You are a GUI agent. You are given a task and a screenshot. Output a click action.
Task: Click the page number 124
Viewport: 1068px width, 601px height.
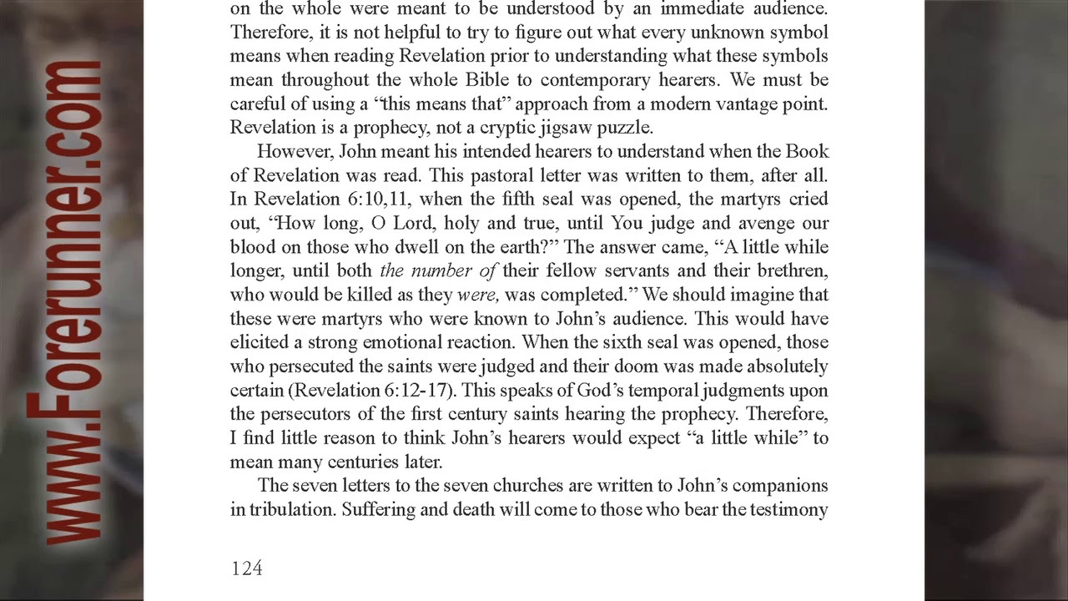point(246,568)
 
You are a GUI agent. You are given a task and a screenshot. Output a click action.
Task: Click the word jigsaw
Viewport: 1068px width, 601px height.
point(535,128)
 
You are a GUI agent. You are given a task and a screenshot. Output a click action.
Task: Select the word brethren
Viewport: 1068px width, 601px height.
point(793,271)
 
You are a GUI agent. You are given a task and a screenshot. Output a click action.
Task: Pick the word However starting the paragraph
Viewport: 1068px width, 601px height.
point(288,152)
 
